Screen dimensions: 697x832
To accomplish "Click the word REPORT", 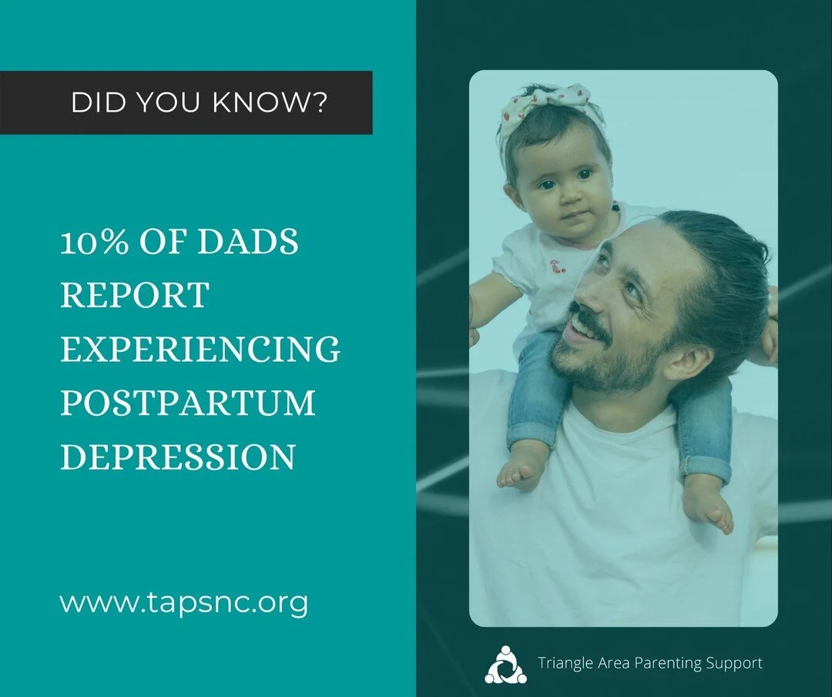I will (x=135, y=296).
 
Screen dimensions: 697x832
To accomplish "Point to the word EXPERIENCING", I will (x=200, y=350).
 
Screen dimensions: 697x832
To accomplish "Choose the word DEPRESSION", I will (x=178, y=457).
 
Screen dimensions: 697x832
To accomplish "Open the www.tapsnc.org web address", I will (x=184, y=602).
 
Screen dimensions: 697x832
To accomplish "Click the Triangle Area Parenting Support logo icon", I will (x=506, y=664).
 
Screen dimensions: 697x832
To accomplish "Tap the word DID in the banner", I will (x=92, y=103).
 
